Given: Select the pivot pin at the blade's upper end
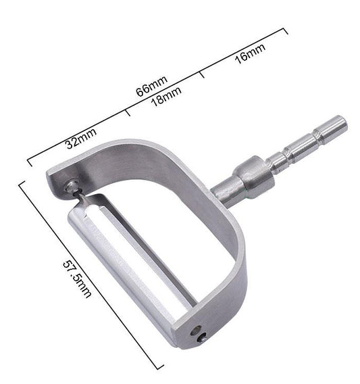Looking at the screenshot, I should coord(72,185).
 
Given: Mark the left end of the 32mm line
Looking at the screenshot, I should coord(28,162).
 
